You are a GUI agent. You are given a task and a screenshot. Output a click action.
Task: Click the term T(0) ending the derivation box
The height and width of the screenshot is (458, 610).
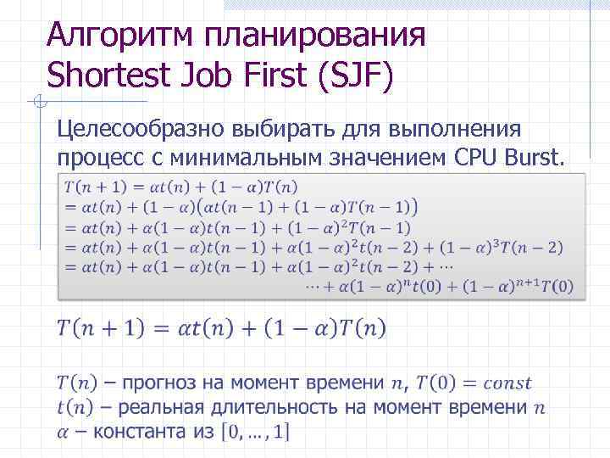tap(556, 287)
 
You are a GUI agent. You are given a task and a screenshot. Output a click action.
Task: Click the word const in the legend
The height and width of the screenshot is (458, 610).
tap(503, 383)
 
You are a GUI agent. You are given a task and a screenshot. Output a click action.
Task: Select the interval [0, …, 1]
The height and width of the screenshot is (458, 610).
tap(255, 433)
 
